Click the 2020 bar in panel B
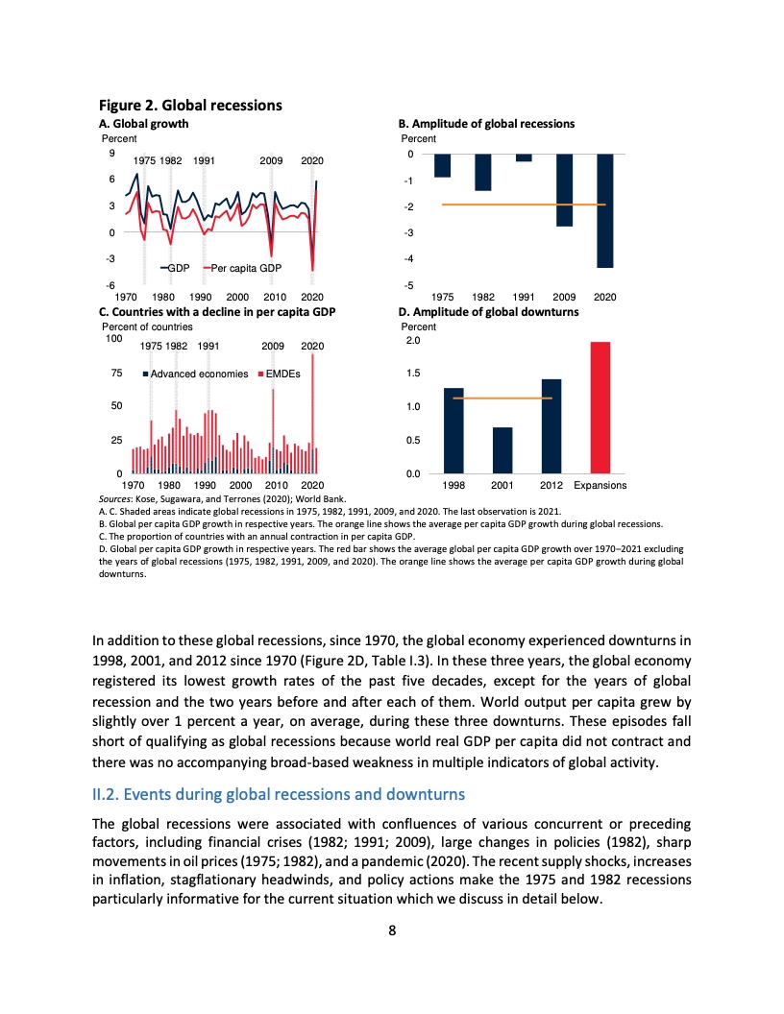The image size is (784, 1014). coord(605,210)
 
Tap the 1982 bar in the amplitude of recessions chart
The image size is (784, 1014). coord(483,173)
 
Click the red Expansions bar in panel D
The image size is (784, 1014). coord(600,407)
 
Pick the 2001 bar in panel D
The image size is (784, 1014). coord(502,449)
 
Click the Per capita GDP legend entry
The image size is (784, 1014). coord(240,268)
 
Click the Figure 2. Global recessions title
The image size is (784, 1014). coord(191,105)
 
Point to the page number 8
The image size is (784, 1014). coord(392,930)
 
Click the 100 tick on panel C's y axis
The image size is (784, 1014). coord(113,338)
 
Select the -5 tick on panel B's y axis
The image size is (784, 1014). coord(409,285)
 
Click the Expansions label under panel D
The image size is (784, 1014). coord(600,486)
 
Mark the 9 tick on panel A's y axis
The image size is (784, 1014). coord(113,153)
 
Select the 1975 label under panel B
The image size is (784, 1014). coord(442,298)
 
